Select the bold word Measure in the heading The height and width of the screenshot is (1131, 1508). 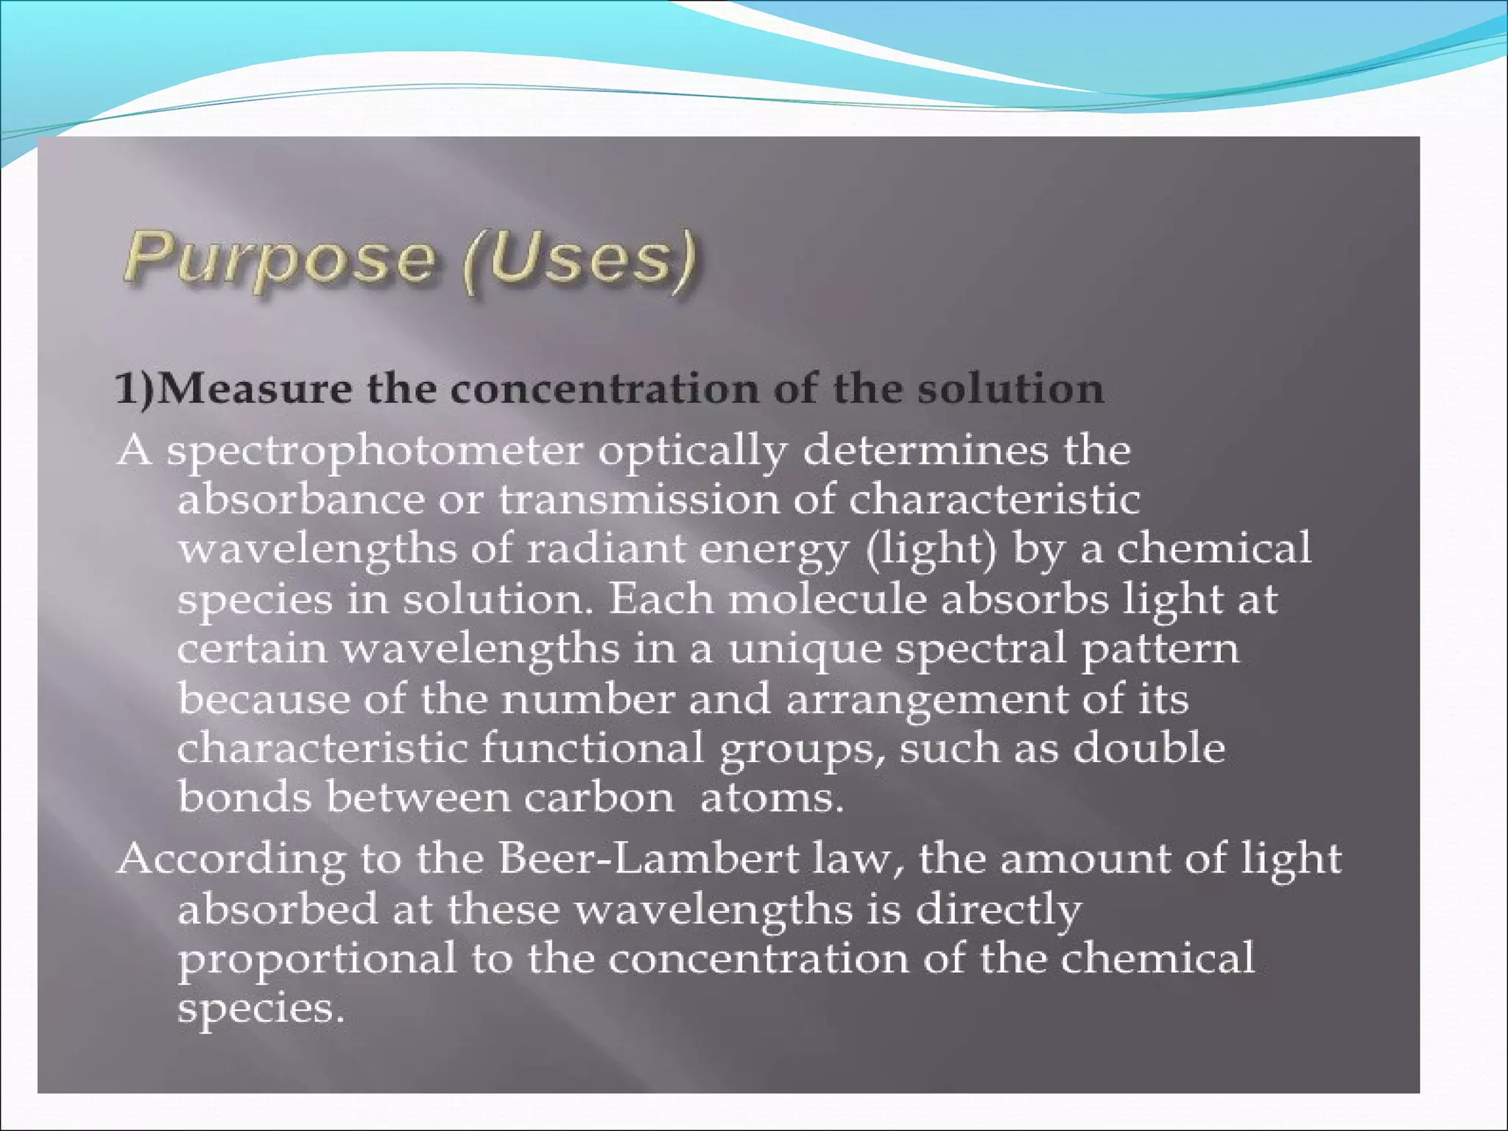point(255,388)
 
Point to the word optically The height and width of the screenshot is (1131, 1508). point(691,451)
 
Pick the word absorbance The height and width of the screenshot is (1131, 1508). point(301,500)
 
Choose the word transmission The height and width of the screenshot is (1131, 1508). point(638,500)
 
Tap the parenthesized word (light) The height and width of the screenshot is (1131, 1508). point(931,549)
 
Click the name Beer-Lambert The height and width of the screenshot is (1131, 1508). point(649,859)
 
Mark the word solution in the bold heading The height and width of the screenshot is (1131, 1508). point(1010,388)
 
